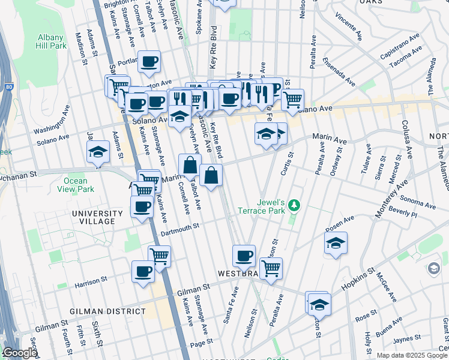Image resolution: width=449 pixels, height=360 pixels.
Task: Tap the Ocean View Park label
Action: coord(77,185)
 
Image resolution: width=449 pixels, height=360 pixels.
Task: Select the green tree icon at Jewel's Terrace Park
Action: coord(294,206)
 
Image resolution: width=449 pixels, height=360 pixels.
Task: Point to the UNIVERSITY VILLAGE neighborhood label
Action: coord(93,217)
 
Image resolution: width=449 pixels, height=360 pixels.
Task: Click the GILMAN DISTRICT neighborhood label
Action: coord(107,311)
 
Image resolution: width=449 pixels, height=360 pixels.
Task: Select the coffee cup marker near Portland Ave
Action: coord(149,61)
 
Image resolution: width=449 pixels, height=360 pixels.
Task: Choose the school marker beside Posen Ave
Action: coord(336,243)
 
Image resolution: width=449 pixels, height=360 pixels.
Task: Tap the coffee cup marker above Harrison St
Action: coord(143,271)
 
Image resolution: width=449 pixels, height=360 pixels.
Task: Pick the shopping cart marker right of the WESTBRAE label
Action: coord(271,268)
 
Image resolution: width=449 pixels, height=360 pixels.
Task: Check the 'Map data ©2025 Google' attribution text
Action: coord(412,355)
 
